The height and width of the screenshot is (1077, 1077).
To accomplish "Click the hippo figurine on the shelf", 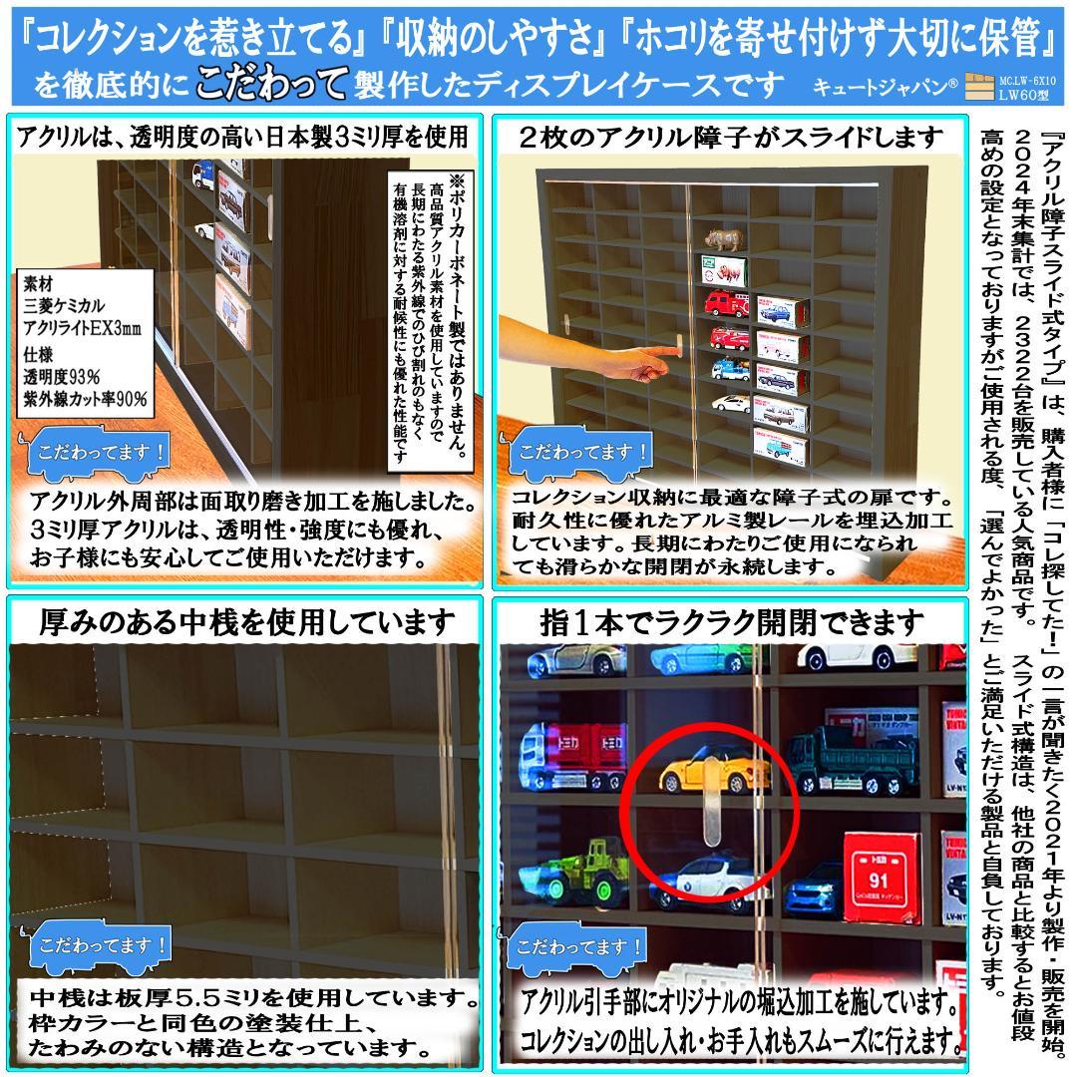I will click(x=722, y=240).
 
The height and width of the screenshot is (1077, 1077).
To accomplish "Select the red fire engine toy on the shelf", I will click(x=726, y=303).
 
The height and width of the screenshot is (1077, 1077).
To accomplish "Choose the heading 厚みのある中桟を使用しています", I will click(x=246, y=623).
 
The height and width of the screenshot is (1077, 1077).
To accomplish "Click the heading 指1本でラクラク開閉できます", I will click(x=732, y=623).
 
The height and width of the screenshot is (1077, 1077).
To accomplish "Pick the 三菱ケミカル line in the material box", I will click(x=64, y=304).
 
